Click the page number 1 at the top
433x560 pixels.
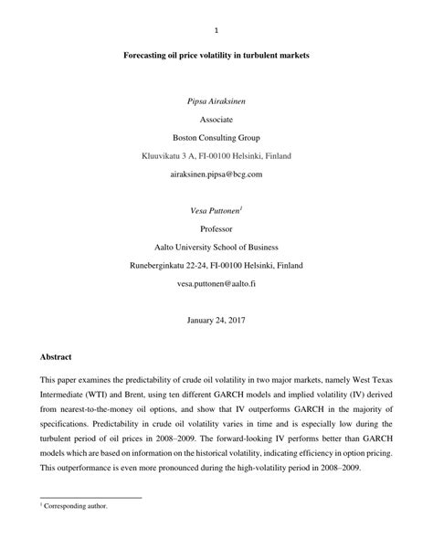pyautogui.click(x=216, y=27)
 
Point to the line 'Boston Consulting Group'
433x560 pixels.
pyautogui.click(x=216, y=138)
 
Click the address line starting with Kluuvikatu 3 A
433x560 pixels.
pyautogui.click(x=216, y=156)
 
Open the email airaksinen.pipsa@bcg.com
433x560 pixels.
pyautogui.click(x=216, y=174)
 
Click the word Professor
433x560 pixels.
pyautogui.click(x=216, y=228)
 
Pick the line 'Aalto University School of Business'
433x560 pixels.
pyautogui.click(x=216, y=247)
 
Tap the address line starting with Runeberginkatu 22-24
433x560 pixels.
pyautogui.click(x=216, y=265)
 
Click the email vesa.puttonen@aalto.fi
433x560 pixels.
pyautogui.click(x=216, y=283)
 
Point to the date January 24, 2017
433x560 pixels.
pyautogui.click(x=216, y=321)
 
